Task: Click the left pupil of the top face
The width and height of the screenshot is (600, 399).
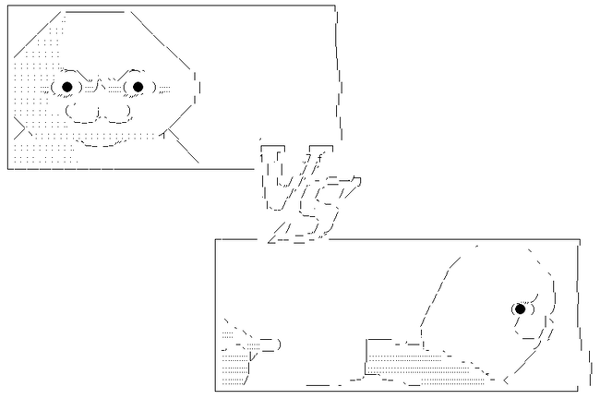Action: pyautogui.click(x=67, y=87)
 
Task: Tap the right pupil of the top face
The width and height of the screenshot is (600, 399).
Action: pyautogui.click(x=138, y=87)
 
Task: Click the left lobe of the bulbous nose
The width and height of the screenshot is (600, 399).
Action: pyautogui.click(x=81, y=113)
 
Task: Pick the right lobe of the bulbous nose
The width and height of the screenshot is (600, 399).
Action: pyautogui.click(x=114, y=113)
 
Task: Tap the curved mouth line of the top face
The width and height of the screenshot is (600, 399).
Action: pyautogui.click(x=101, y=144)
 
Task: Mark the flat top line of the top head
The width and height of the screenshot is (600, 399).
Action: pyautogui.click(x=95, y=12)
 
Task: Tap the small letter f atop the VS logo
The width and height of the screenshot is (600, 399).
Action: pyautogui.click(x=319, y=157)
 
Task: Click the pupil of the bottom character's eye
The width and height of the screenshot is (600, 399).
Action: pyautogui.click(x=520, y=308)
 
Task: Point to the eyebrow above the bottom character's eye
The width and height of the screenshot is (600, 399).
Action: pyautogui.click(x=531, y=298)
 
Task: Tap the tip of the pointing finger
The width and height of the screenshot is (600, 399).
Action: pyautogui.click(x=280, y=345)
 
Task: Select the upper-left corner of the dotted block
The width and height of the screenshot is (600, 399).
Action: pyautogui.click(x=367, y=340)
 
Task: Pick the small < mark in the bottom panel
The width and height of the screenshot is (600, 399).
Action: pyautogui.click(x=505, y=381)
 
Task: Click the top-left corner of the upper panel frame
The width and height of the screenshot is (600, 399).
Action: pyautogui.click(x=8, y=6)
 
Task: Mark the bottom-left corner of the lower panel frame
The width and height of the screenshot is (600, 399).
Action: pyautogui.click(x=215, y=391)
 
